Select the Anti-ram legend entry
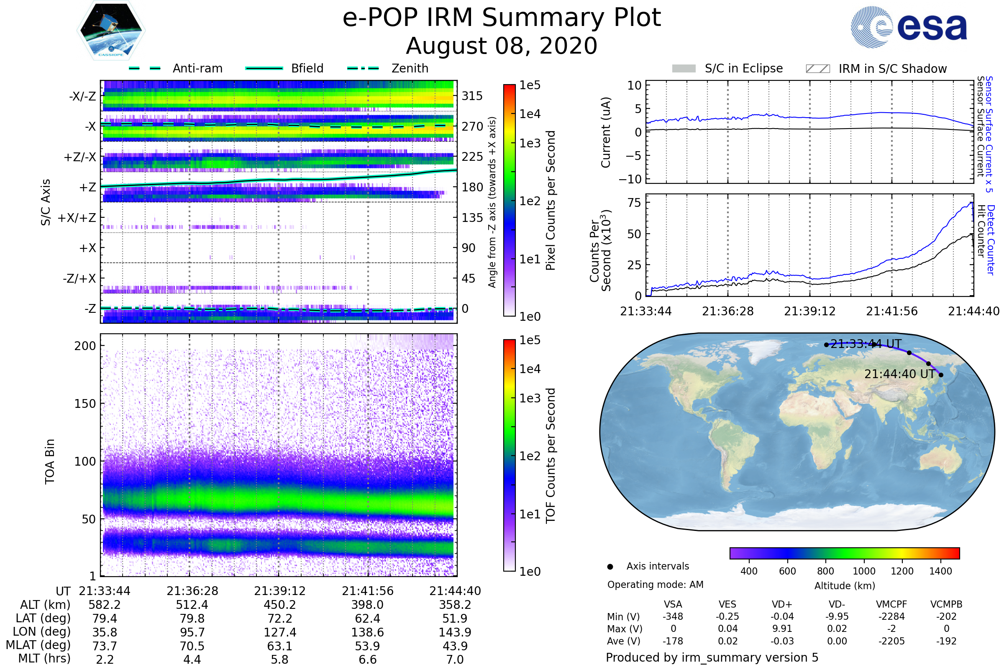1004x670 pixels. click(176, 68)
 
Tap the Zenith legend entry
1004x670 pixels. click(388, 68)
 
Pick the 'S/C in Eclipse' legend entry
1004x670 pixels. click(727, 69)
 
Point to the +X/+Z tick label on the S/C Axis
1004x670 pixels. click(77, 218)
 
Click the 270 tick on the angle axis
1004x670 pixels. click(472, 126)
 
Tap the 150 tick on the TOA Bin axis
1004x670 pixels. click(85, 404)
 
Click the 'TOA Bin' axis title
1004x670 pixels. click(50, 461)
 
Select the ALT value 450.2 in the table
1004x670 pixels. click(279, 605)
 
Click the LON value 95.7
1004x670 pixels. click(192, 632)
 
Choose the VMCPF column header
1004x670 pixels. click(891, 605)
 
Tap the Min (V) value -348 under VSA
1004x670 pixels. click(673, 616)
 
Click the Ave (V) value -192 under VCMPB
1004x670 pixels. click(946, 641)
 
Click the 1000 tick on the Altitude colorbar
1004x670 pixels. click(864, 571)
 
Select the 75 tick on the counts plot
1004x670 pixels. click(634, 203)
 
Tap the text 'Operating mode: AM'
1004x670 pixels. click(655, 585)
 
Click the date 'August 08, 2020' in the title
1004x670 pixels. click(502, 46)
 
